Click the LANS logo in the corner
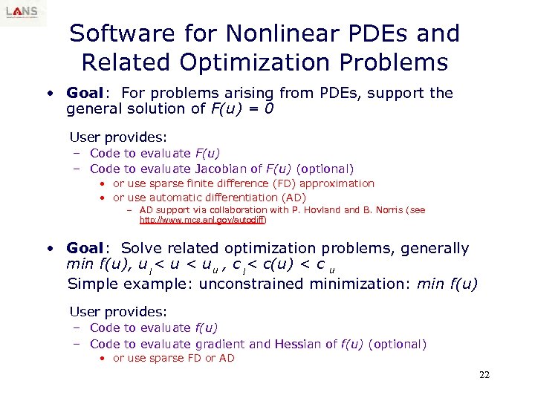23,13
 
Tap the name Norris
387,210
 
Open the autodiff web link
203,221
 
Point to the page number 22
484,375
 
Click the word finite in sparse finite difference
194,183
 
